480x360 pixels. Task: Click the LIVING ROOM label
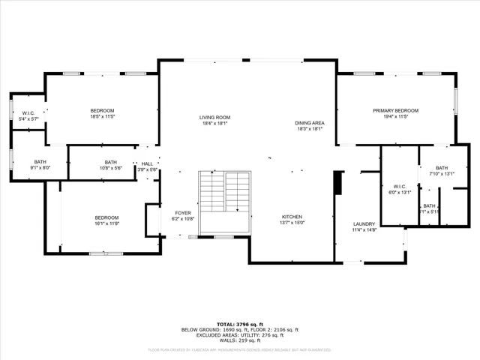pyautogui.click(x=214, y=118)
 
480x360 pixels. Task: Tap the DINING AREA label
pyautogui.click(x=309, y=122)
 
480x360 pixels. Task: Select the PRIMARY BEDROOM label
pyautogui.click(x=395, y=110)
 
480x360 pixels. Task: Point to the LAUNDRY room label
pyautogui.click(x=364, y=224)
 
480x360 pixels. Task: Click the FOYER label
pyautogui.click(x=183, y=213)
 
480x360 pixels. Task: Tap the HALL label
pyautogui.click(x=147, y=163)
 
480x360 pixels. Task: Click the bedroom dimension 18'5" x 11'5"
pyautogui.click(x=102, y=117)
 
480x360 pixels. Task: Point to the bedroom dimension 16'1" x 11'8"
pyautogui.click(x=107, y=223)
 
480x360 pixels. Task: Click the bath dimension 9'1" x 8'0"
pyautogui.click(x=40, y=168)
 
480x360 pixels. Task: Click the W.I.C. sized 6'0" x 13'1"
pyautogui.click(x=399, y=192)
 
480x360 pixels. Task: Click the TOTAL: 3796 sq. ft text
pyautogui.click(x=239, y=324)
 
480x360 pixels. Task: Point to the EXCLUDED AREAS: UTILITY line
pyautogui.click(x=239, y=334)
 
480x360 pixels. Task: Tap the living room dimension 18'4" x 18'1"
pyautogui.click(x=214, y=124)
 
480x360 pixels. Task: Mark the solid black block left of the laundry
pyautogui.click(x=338, y=182)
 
